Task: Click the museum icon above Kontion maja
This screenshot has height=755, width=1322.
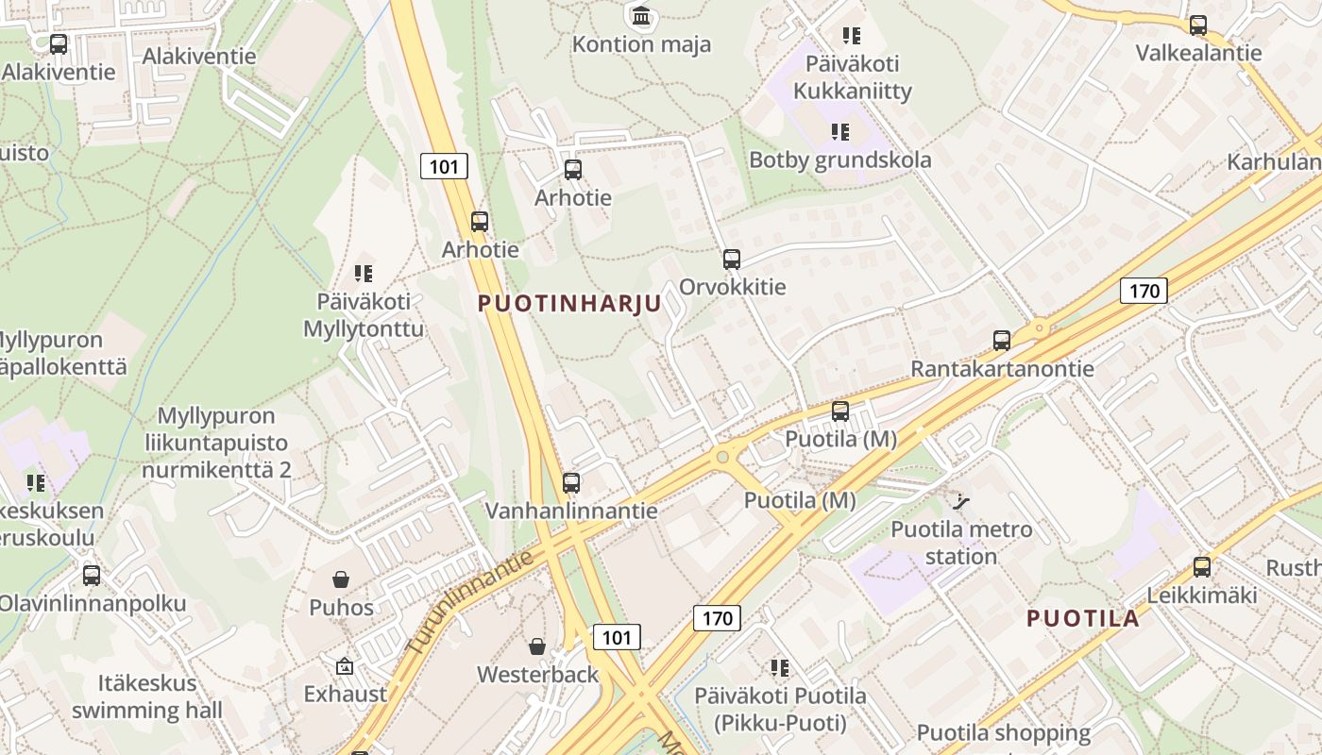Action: pyautogui.click(x=642, y=15)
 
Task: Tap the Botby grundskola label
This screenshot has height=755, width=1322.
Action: pyautogui.click(x=839, y=159)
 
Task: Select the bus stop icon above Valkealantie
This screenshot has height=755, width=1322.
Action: pyautogui.click(x=1198, y=25)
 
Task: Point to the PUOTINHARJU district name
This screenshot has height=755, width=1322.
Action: pyautogui.click(x=569, y=304)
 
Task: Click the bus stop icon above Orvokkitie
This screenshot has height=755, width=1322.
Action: pyautogui.click(x=731, y=260)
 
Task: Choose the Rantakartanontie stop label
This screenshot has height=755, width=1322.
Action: pyautogui.click(x=1001, y=369)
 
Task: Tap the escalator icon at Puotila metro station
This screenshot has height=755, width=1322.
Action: pyautogui.click(x=962, y=501)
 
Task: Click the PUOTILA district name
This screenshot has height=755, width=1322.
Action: pyautogui.click(x=1083, y=619)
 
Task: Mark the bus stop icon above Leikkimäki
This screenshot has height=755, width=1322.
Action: pyautogui.click(x=1201, y=567)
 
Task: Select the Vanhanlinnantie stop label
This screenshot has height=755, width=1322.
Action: pyautogui.click(x=571, y=511)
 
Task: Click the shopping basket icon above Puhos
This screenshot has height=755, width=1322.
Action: pyautogui.click(x=341, y=579)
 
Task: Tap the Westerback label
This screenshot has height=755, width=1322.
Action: pyautogui.click(x=537, y=675)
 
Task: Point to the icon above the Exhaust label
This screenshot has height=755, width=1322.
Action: pyautogui.click(x=344, y=666)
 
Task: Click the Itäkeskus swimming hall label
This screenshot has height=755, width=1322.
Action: pyautogui.click(x=146, y=696)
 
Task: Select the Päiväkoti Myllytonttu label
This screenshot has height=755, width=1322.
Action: pyautogui.click(x=364, y=315)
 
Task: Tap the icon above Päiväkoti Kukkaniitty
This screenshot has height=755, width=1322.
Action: pyautogui.click(x=852, y=36)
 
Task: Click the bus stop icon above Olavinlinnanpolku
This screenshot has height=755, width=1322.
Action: pyautogui.click(x=92, y=575)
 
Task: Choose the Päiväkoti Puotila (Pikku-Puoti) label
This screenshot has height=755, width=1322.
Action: pyautogui.click(x=780, y=710)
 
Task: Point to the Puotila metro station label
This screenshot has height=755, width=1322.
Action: pyautogui.click(x=961, y=543)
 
